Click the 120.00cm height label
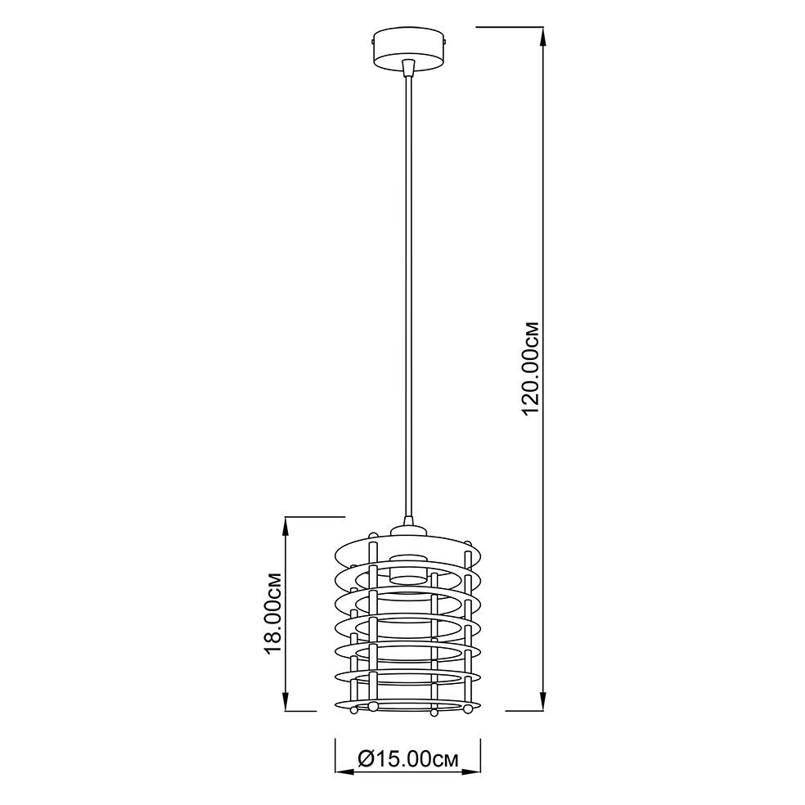[x=530, y=369]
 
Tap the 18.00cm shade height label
[x=272, y=613]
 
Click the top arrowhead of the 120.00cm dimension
[x=543, y=37]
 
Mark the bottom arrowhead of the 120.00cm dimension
[x=543, y=700]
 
